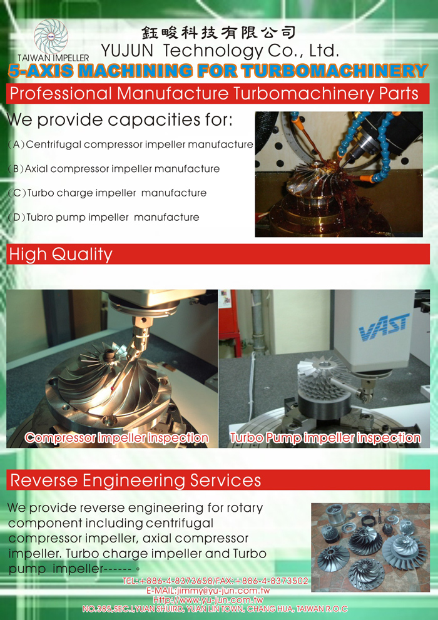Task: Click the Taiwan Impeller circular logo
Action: pos(51,36)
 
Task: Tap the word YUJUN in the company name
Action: pos(127,51)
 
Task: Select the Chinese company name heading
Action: pos(218,33)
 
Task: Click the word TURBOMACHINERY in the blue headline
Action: pos(335,71)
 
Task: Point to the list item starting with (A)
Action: pos(130,145)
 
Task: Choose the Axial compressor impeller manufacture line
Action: pos(114,169)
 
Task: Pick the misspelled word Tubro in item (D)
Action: pos(39,217)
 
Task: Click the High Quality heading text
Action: pos(61,254)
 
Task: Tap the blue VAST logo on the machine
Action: pos(384,327)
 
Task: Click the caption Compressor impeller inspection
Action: pos(116,438)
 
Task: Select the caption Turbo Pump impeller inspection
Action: pos(325,438)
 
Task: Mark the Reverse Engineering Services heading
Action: pos(136,480)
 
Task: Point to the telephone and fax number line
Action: pos(215,581)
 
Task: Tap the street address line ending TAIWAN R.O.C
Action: pos(215,609)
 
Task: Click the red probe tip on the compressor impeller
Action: pos(113,389)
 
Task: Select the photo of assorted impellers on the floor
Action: pos(370,547)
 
